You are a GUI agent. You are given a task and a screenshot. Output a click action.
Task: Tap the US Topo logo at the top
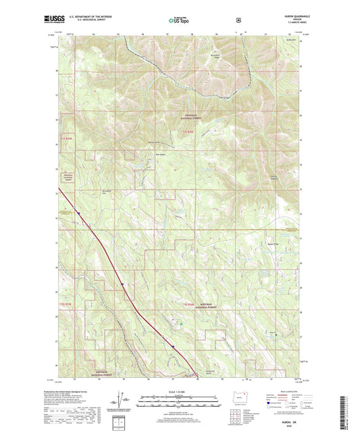(x=174, y=20)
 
